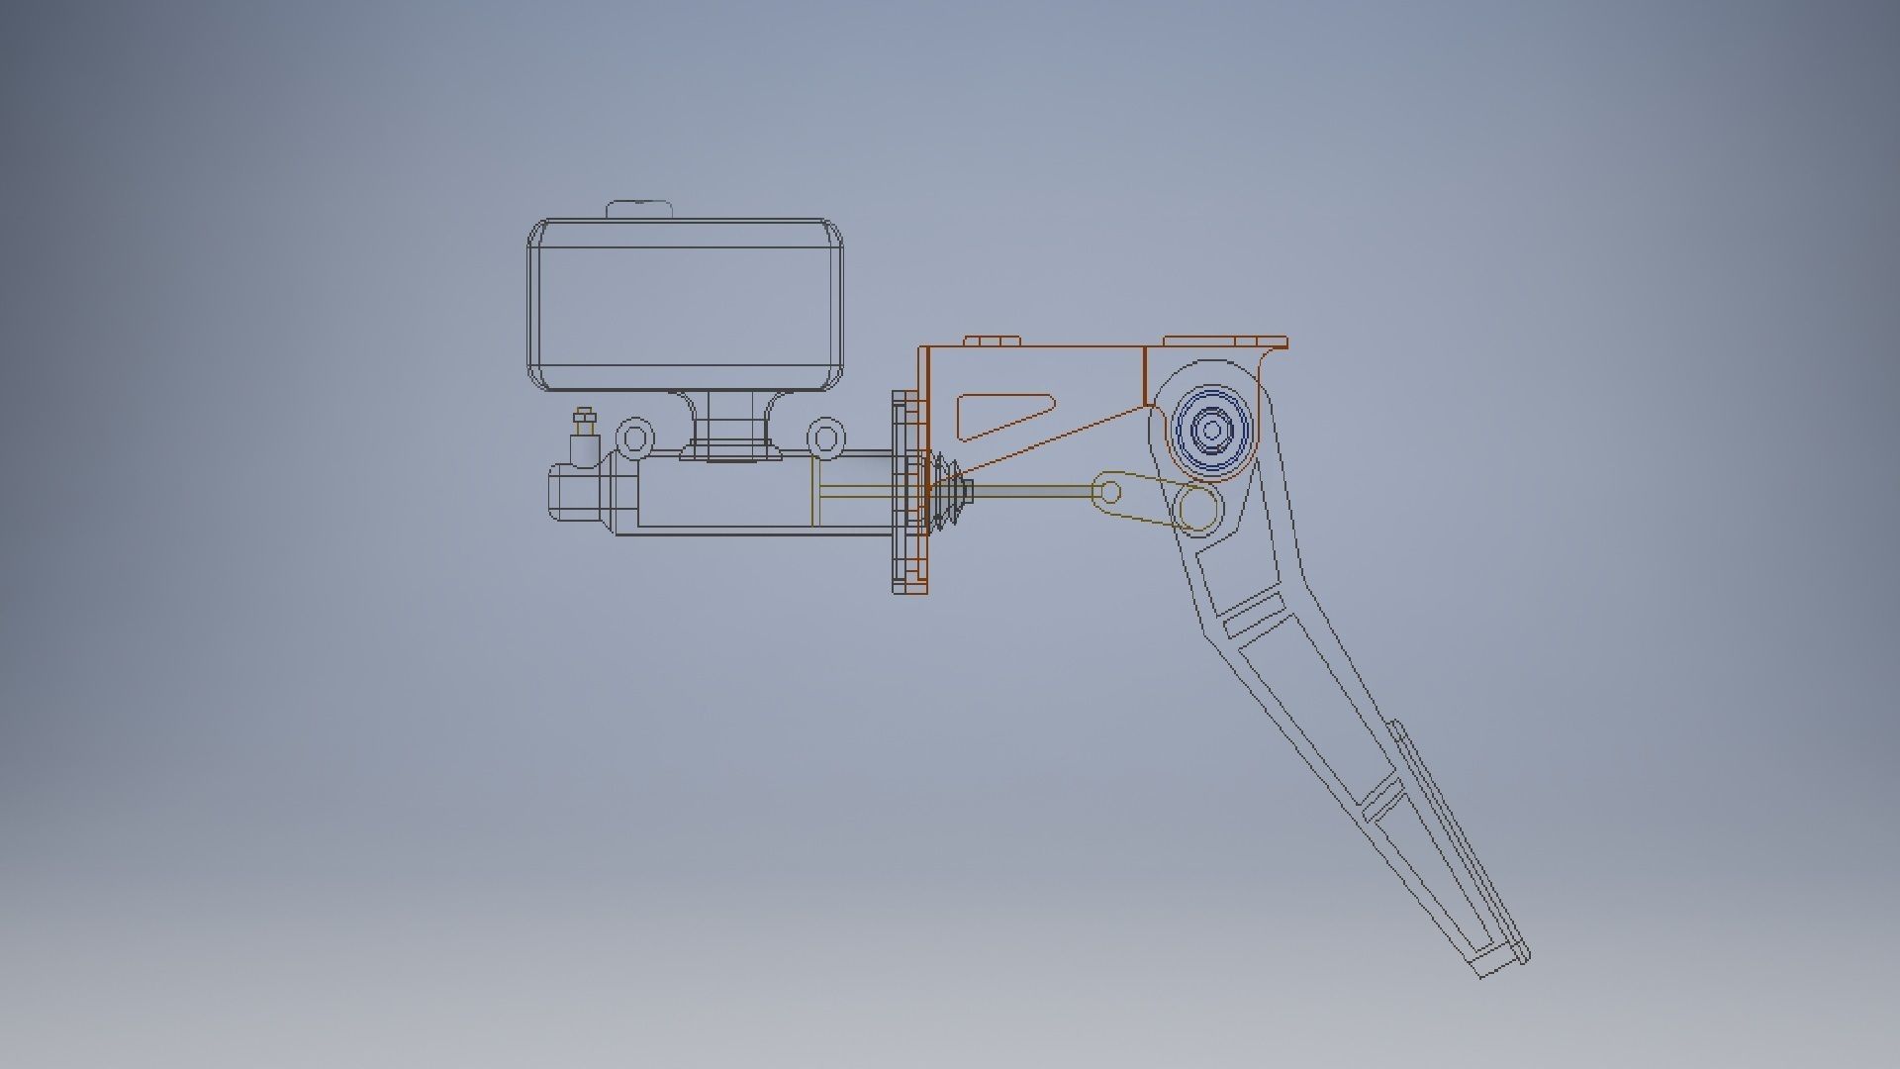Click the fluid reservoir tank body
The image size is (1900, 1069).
pos(685,305)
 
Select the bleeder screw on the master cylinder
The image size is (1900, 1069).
pos(584,425)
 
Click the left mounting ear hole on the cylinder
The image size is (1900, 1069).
pos(634,437)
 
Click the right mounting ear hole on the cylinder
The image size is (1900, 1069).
pos(825,437)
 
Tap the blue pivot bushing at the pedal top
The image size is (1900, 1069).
pos(1211,431)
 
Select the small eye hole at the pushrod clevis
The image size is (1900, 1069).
pos(1110,492)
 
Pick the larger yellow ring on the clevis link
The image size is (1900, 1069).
pos(1198,510)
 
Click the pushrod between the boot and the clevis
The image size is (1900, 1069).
pos(1029,489)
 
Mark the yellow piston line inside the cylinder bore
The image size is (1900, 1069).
pos(812,491)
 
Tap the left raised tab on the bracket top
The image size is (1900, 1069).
pos(992,341)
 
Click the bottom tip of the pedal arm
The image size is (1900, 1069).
pos(1498,965)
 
